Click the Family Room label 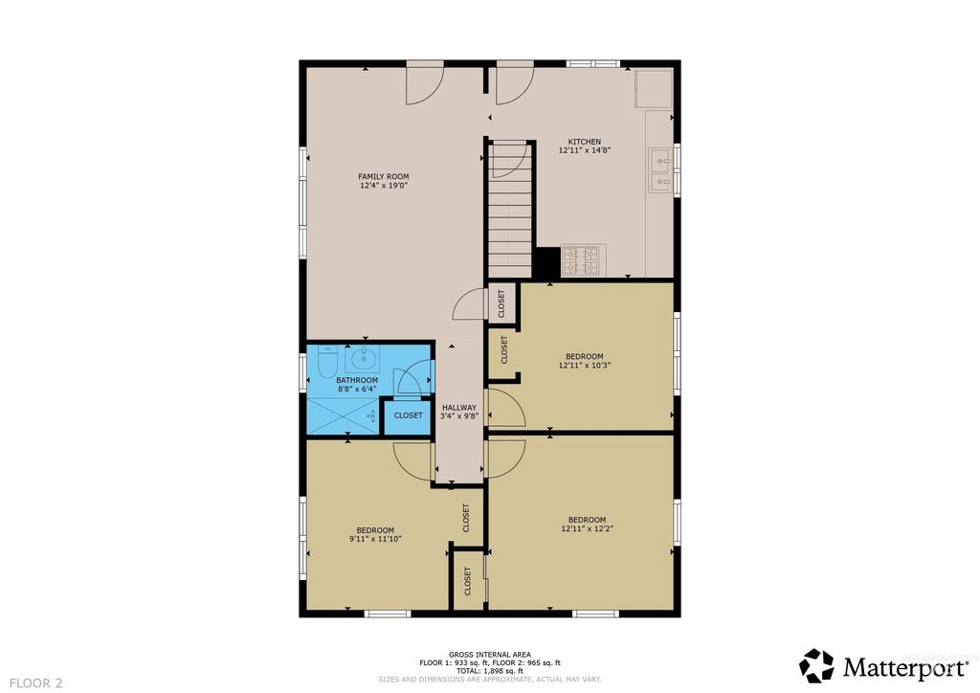click(x=383, y=176)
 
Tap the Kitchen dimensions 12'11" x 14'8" click(x=579, y=150)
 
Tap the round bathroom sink click(x=363, y=360)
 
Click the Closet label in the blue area click(x=408, y=415)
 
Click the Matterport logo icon click(x=817, y=665)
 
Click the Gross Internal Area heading click(x=489, y=654)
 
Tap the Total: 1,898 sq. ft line click(x=489, y=671)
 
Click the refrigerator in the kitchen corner click(x=654, y=89)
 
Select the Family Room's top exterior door click(x=424, y=83)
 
